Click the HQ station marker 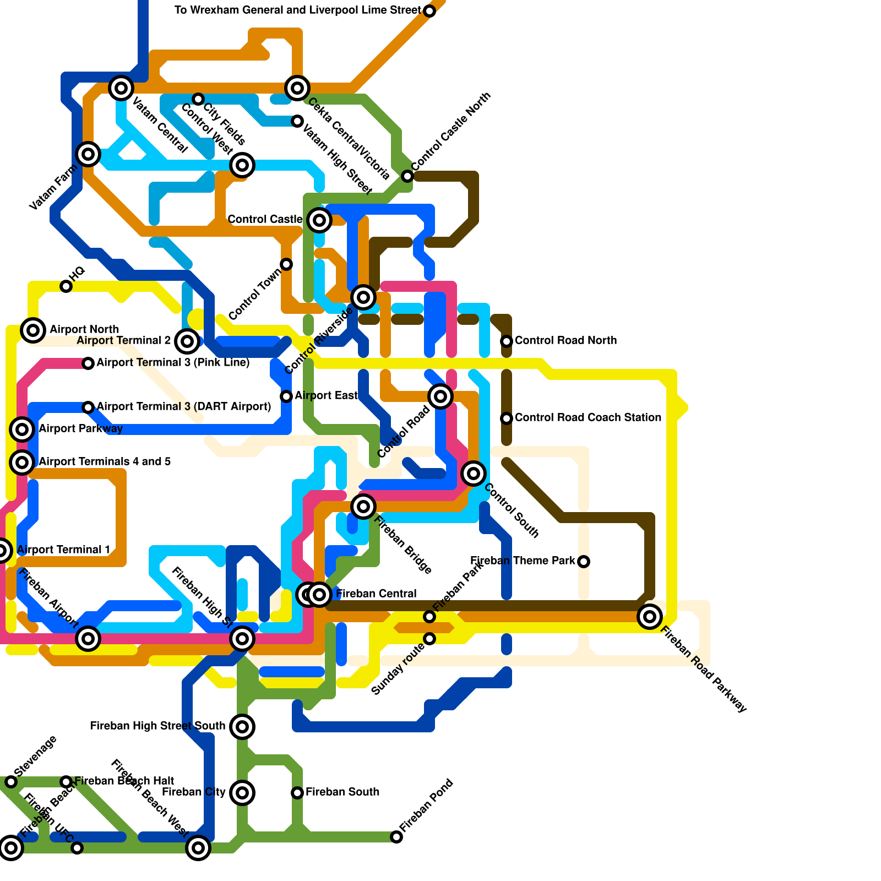click(66, 286)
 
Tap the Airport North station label click(84, 329)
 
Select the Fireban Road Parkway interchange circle click(650, 617)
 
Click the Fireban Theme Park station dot click(584, 562)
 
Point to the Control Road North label click(565, 340)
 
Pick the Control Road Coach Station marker click(507, 418)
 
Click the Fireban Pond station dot click(396, 837)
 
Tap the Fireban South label click(342, 792)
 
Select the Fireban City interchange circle click(242, 793)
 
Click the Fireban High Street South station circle click(242, 727)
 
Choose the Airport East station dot click(286, 396)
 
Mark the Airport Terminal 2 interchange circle click(187, 341)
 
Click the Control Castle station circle click(319, 220)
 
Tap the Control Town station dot click(286, 264)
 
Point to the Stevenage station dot click(11, 782)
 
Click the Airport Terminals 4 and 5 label click(105, 461)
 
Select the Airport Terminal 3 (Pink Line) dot click(88, 363)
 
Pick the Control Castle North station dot click(407, 176)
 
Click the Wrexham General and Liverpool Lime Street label click(297, 10)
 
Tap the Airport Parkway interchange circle click(22, 429)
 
